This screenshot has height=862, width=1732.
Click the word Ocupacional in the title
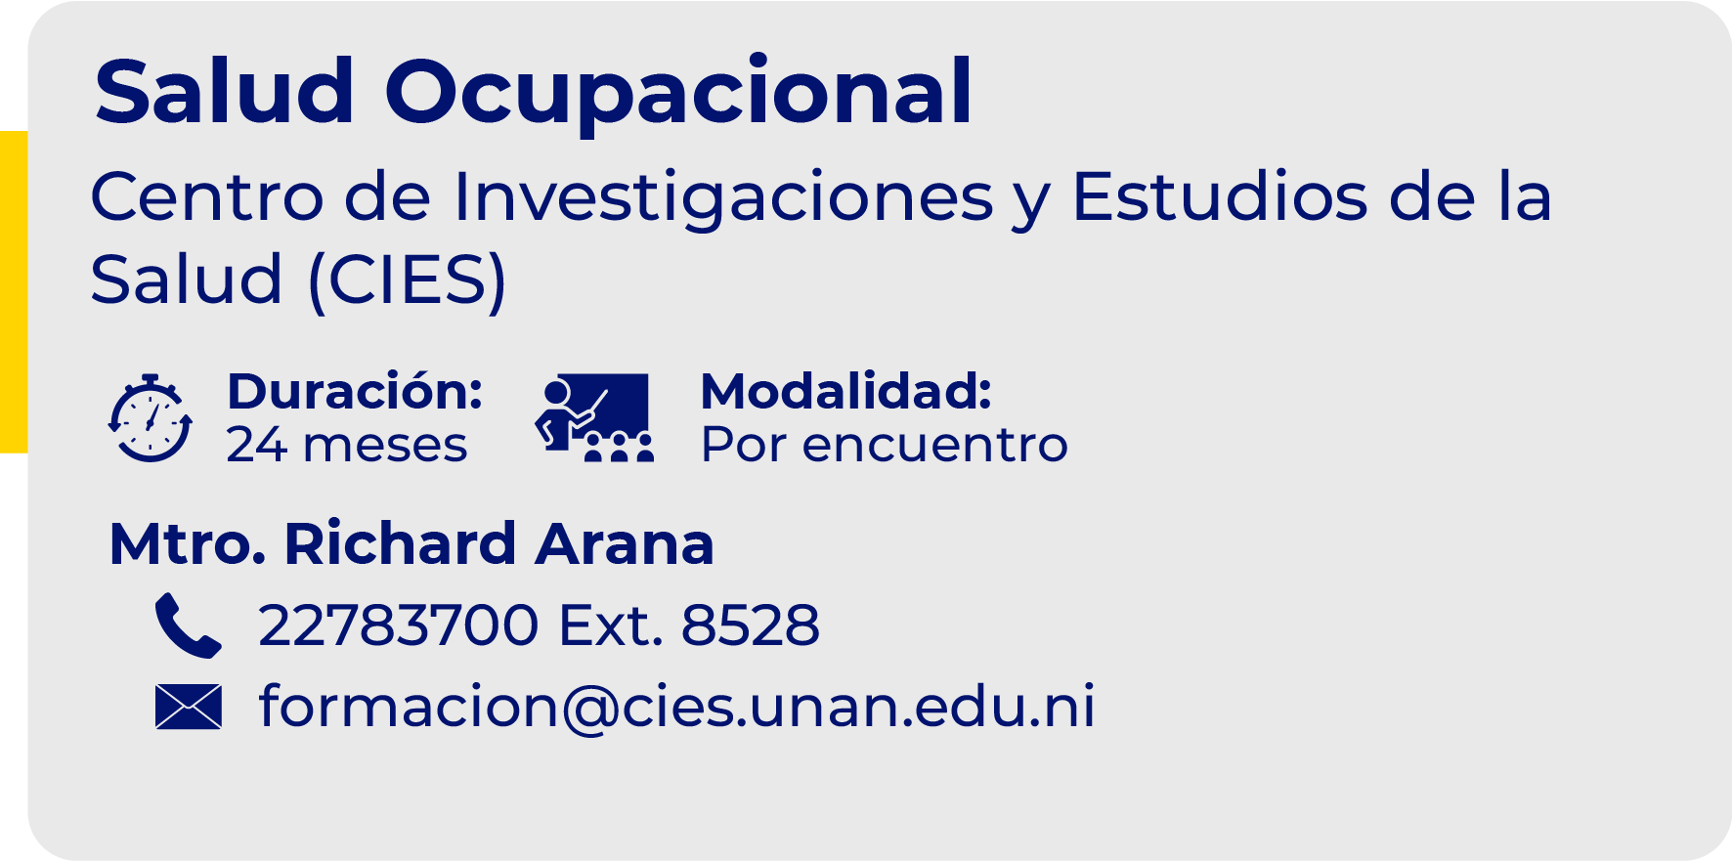pos(678,93)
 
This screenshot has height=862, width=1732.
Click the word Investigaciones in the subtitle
pos(723,197)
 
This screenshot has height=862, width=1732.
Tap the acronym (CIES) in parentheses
pos(408,281)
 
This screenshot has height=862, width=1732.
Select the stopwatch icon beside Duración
pos(150,418)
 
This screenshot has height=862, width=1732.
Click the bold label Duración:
pos(355,391)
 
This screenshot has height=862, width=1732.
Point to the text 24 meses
pos(347,445)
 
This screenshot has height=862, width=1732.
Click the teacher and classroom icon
pos(594,417)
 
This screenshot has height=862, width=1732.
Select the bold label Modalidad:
pos(846,391)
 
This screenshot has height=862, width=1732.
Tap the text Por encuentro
pos(885,445)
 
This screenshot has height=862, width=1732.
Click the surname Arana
pos(625,544)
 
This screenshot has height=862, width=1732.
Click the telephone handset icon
pos(188,625)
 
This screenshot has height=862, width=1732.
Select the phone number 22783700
pos(399,625)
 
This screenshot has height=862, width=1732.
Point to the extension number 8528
pos(750,625)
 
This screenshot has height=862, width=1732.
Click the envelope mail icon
pos(188,707)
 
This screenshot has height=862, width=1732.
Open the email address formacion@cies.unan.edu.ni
pos(676,707)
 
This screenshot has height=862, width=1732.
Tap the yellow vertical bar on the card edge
pos(14,291)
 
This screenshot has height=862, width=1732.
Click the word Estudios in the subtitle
pos(1219,197)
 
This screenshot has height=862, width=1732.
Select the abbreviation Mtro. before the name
pos(187,544)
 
